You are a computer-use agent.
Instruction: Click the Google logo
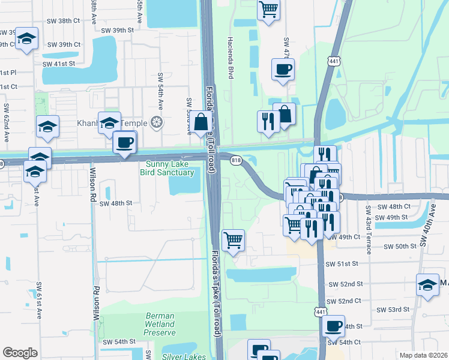(20, 353)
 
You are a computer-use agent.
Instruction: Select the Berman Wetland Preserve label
(160, 324)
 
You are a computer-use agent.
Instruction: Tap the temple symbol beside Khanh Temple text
(156, 123)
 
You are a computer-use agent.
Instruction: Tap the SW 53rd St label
(393, 310)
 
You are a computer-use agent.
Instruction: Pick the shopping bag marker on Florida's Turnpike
(200, 123)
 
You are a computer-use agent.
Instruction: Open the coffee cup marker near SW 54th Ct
(333, 327)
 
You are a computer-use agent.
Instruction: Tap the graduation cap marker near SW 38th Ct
(26, 40)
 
